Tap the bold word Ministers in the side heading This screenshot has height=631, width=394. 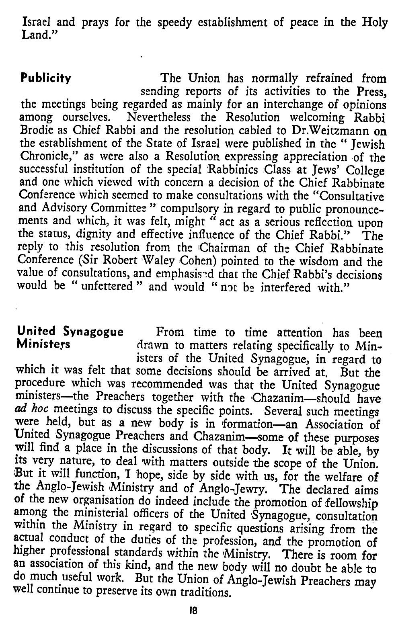(x=43, y=345)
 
